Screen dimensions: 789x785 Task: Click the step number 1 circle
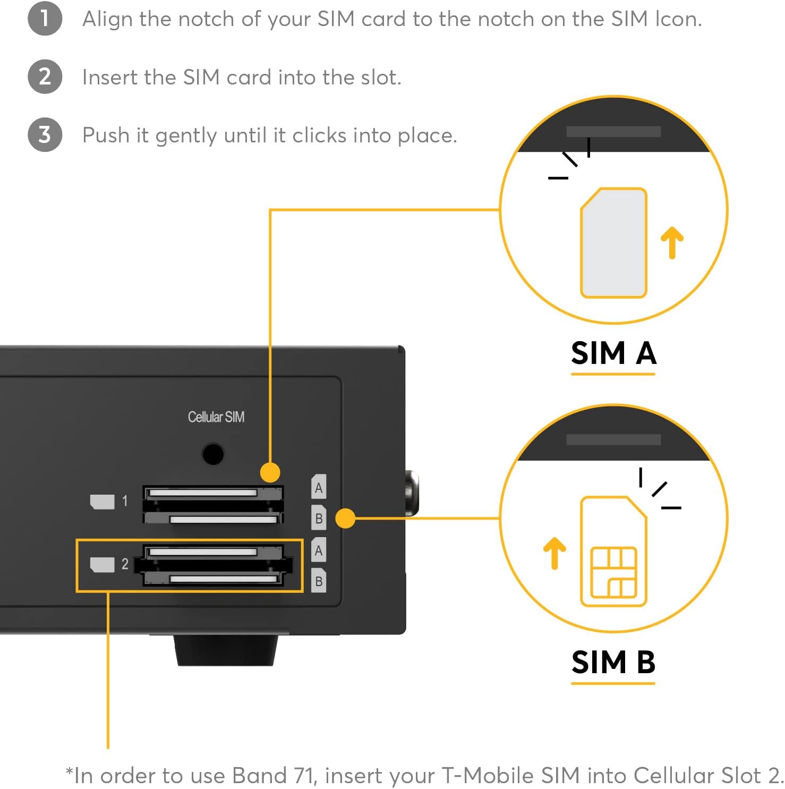[45, 19]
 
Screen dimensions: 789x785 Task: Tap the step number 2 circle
[45, 77]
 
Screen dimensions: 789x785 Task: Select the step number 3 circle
[45, 134]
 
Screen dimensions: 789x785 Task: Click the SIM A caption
[613, 353]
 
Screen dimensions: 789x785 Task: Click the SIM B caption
[613, 662]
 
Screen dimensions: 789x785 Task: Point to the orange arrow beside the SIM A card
[672, 242]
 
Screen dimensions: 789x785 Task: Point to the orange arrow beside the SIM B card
[554, 553]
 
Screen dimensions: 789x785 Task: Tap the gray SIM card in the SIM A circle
[613, 243]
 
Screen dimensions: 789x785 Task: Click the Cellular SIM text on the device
[216, 417]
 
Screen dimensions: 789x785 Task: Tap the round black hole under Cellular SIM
[213, 454]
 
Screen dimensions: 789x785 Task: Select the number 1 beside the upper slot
[125, 501]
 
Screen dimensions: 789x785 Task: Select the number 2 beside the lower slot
[125, 564]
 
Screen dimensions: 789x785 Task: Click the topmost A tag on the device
[319, 487]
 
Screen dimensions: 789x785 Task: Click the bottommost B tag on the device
[319, 581]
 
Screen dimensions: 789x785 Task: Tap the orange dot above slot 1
[270, 472]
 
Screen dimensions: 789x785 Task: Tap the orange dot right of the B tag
[345, 518]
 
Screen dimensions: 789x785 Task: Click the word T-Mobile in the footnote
[489, 776]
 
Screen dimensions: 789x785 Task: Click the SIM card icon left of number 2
[102, 564]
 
